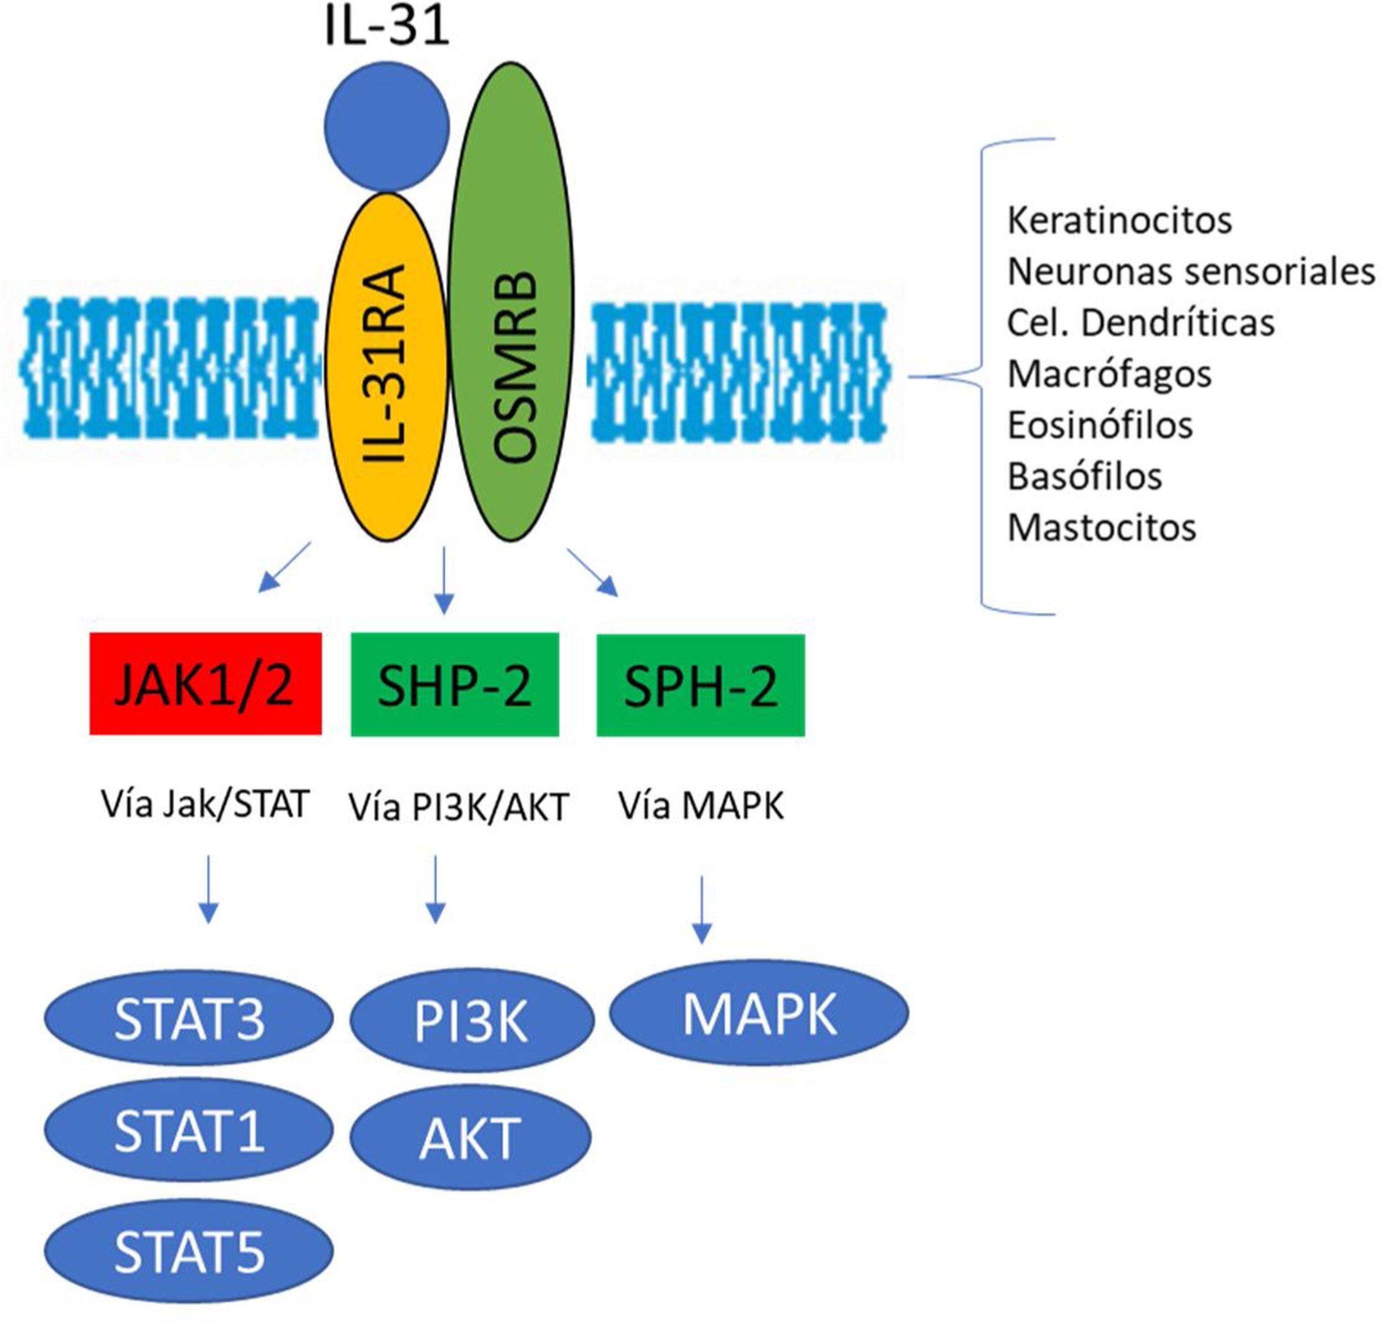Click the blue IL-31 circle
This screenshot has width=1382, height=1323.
pyautogui.click(x=386, y=127)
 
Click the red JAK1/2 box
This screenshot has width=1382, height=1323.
pyautogui.click(x=205, y=683)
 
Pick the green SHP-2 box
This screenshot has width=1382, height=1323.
pyautogui.click(x=455, y=684)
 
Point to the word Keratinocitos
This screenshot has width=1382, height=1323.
pyautogui.click(x=1119, y=221)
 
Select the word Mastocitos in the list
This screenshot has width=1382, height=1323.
pyautogui.click(x=1101, y=527)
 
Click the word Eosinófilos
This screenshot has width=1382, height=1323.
pyautogui.click(x=1100, y=425)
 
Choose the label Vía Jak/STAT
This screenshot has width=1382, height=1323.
pyautogui.click(x=205, y=804)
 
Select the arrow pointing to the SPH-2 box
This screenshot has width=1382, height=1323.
pyautogui.click(x=592, y=573)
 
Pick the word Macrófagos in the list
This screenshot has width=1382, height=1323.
pyautogui.click(x=1109, y=374)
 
